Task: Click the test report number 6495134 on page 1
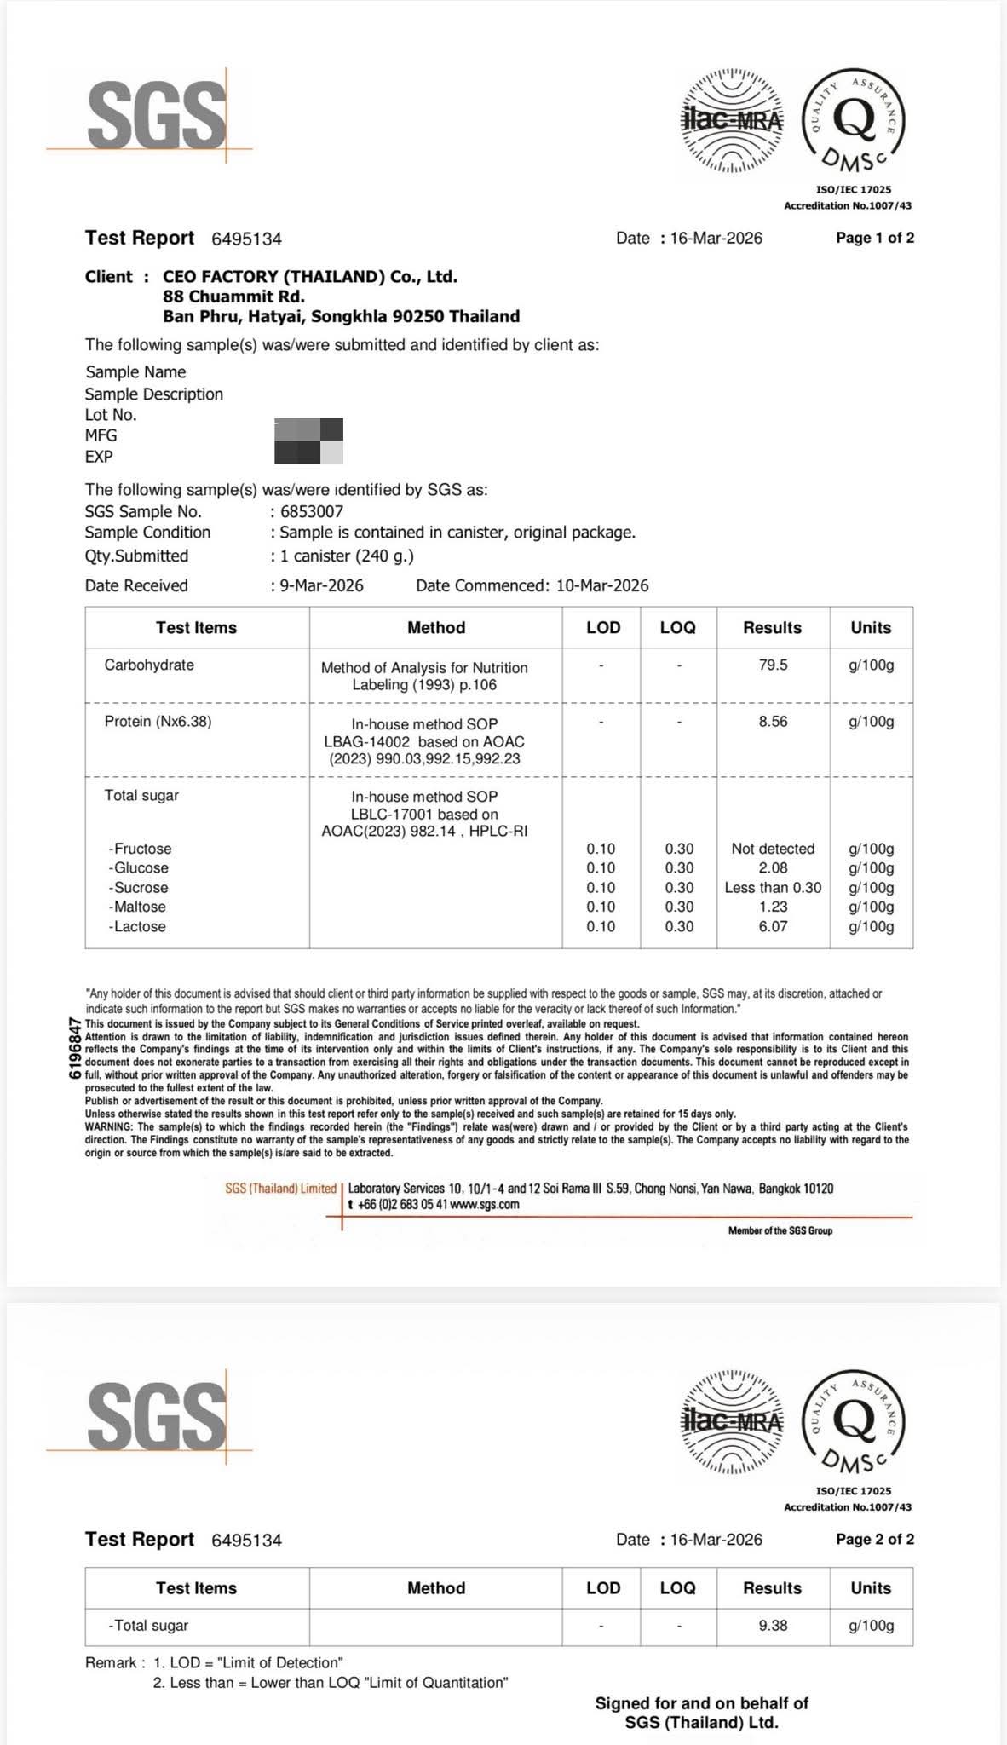(245, 239)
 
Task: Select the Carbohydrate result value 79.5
(773, 665)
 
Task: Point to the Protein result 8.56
(773, 722)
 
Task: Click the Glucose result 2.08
(773, 867)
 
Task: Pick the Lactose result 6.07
(773, 926)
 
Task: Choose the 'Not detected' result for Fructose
(773, 849)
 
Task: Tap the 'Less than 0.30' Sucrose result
(773, 887)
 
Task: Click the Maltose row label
(137, 907)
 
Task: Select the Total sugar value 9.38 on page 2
(773, 1625)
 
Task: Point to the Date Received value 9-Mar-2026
(321, 585)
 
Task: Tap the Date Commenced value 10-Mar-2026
(602, 585)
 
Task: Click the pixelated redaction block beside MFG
(308, 441)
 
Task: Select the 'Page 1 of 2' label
(875, 238)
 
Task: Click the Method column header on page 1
(435, 628)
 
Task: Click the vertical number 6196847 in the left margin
(75, 1048)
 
